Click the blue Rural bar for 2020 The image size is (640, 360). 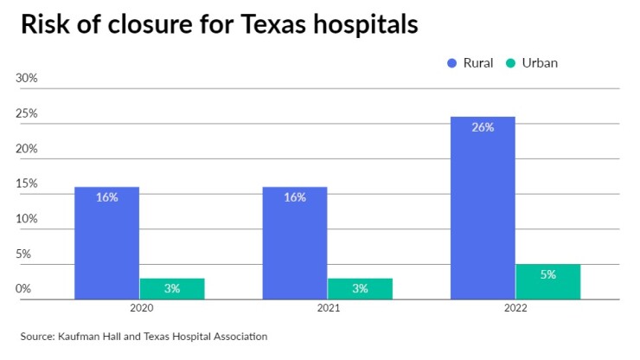coord(106,243)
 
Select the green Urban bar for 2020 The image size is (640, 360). coord(172,289)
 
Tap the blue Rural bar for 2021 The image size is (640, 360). coord(295,243)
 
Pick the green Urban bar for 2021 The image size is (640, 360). coord(360,289)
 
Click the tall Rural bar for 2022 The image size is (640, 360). coord(483,208)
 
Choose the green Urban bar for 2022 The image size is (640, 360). coord(547,282)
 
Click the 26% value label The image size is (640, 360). coord(483,127)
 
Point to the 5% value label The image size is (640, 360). coord(547,274)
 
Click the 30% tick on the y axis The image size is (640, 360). coord(27,78)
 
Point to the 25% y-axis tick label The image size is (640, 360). coord(27,113)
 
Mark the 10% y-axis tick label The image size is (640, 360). coord(27,219)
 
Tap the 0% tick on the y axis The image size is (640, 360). coord(23,289)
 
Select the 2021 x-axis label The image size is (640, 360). coord(328,307)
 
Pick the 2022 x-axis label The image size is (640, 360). coord(515,307)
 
